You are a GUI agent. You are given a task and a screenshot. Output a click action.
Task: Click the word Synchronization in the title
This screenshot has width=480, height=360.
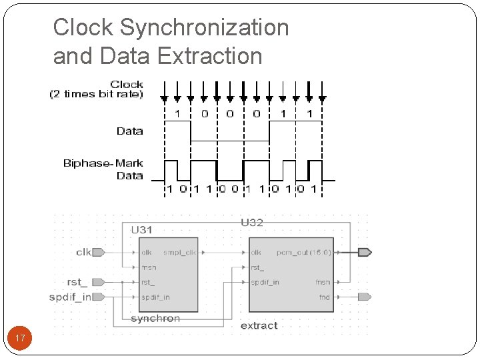[204, 28]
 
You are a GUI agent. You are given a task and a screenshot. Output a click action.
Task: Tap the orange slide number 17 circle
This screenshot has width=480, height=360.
[20, 339]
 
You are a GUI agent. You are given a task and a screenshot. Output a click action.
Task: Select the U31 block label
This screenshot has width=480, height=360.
[141, 230]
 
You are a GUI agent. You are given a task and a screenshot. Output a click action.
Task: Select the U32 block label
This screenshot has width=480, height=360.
[252, 223]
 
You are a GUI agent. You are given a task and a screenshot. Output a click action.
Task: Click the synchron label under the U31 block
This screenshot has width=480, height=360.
[155, 319]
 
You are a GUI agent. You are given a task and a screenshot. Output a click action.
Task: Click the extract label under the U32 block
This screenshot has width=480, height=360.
[259, 325]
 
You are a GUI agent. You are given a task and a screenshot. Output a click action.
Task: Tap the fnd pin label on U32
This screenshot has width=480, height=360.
[324, 297]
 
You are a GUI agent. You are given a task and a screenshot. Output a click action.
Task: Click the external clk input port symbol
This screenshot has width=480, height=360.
[99, 252]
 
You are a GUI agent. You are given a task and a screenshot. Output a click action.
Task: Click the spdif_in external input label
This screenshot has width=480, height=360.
[70, 297]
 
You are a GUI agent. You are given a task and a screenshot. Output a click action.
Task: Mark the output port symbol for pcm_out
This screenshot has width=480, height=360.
[365, 252]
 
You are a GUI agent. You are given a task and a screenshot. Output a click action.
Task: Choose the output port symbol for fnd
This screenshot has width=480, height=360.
[364, 297]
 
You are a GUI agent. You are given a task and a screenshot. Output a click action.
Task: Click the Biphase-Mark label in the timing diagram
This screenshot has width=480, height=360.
[103, 163]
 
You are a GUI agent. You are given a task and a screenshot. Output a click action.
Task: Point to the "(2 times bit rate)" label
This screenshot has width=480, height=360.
[96, 94]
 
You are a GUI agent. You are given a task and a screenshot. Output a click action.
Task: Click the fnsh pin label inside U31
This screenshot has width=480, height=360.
[149, 267]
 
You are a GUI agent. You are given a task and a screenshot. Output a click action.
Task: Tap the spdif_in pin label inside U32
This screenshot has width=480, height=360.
[265, 282]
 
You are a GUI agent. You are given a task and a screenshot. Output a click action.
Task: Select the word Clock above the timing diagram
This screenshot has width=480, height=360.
[127, 84]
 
